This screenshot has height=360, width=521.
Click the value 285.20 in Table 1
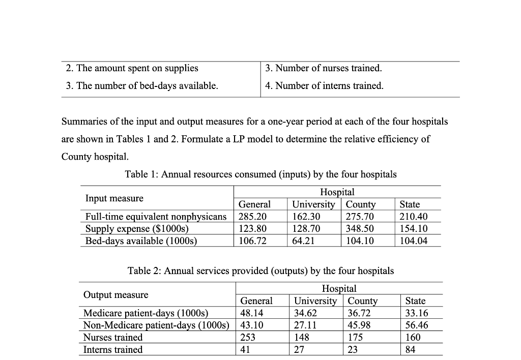[252, 217]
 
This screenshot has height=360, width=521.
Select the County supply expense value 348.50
[359, 229]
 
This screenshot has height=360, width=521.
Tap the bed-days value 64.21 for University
[303, 241]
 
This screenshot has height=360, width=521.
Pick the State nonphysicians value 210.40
[413, 217]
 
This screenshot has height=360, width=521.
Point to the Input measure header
[114, 198]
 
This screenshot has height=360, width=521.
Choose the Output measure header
[115, 295]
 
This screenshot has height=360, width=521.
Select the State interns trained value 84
[410, 350]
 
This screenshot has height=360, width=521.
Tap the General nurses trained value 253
[248, 338]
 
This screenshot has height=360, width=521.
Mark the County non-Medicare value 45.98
[359, 325]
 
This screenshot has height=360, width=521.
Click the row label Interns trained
[113, 350]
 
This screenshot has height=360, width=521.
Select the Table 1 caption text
[260, 174]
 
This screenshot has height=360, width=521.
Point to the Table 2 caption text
[260, 271]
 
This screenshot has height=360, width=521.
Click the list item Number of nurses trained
[324, 68]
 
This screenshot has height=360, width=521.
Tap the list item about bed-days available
[142, 86]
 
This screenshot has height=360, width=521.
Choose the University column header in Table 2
[315, 301]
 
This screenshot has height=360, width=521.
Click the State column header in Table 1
[410, 204]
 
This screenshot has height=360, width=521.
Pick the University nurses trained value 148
[302, 338]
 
